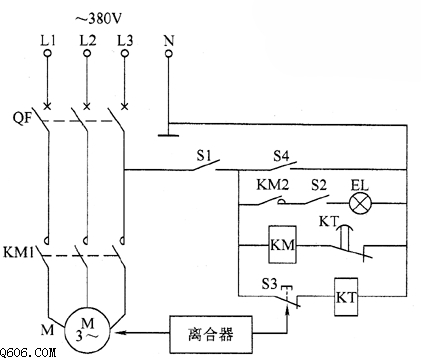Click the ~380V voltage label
[x=98, y=19]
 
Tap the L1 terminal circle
[x=48, y=53]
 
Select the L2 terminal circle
[x=87, y=53]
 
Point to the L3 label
[x=125, y=41]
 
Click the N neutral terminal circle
[x=169, y=53]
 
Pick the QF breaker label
[x=22, y=118]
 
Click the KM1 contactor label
[x=18, y=252]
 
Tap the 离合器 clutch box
[x=211, y=334]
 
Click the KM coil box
[x=282, y=245]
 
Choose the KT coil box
[x=346, y=297]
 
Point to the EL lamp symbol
[x=360, y=203]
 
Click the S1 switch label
[x=204, y=155]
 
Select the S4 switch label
[x=281, y=156]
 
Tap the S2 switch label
[x=319, y=185]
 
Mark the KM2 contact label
[x=272, y=185]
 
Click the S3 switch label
[x=269, y=284]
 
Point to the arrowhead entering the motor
[x=121, y=332]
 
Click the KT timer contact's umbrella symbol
[x=345, y=228]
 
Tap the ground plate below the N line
[x=168, y=135]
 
